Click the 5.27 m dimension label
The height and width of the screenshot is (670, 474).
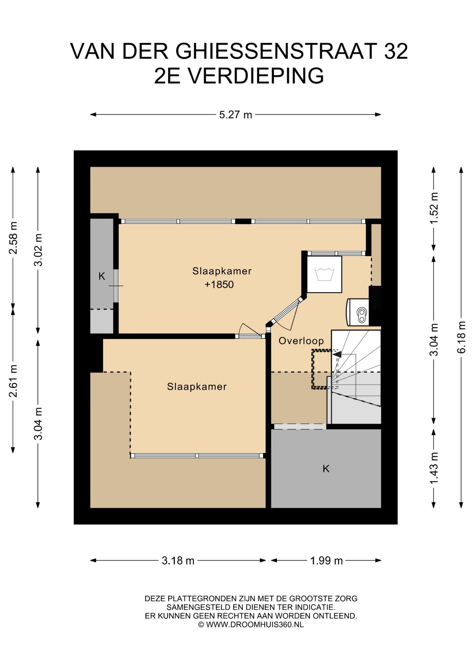(236, 114)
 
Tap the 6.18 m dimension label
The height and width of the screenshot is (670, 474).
(461, 337)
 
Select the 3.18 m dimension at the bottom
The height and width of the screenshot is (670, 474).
(178, 560)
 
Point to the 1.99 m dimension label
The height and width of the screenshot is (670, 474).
(326, 560)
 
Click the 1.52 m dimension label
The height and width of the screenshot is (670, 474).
(434, 208)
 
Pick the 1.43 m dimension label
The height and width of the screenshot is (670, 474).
(434, 468)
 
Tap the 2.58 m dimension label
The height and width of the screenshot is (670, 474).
(13, 238)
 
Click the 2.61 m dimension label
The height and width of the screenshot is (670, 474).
(13, 381)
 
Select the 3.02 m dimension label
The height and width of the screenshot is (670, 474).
(38, 250)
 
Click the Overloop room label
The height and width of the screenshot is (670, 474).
(301, 341)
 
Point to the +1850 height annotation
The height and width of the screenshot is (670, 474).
(219, 284)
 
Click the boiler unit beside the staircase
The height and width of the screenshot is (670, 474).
(357, 312)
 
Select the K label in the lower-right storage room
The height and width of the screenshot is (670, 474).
(326, 468)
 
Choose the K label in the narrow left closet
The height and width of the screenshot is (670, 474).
(102, 276)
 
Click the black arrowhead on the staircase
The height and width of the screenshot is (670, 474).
(337, 354)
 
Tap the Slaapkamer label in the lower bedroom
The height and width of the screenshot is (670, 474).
(197, 386)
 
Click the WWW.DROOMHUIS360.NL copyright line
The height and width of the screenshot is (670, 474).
(251, 624)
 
